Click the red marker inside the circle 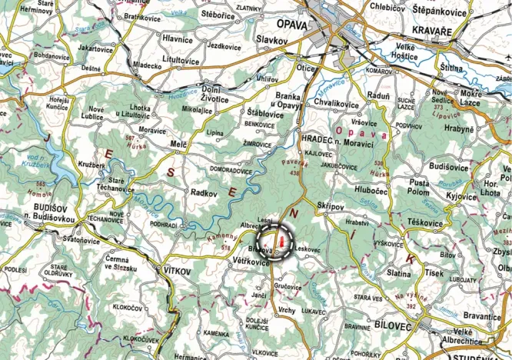282,244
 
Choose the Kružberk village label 91,165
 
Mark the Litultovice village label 181,59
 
